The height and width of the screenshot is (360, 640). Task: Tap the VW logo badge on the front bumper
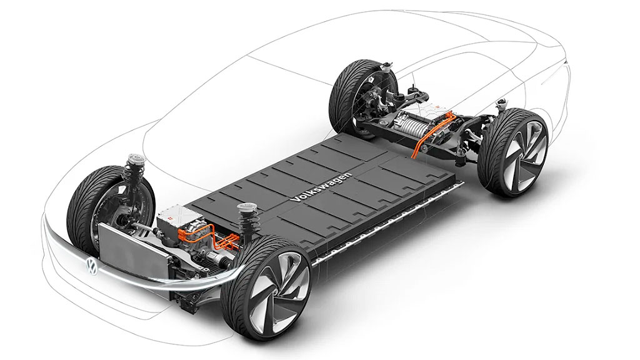tap(90, 265)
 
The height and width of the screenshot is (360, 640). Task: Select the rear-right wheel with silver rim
tap(512, 153)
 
